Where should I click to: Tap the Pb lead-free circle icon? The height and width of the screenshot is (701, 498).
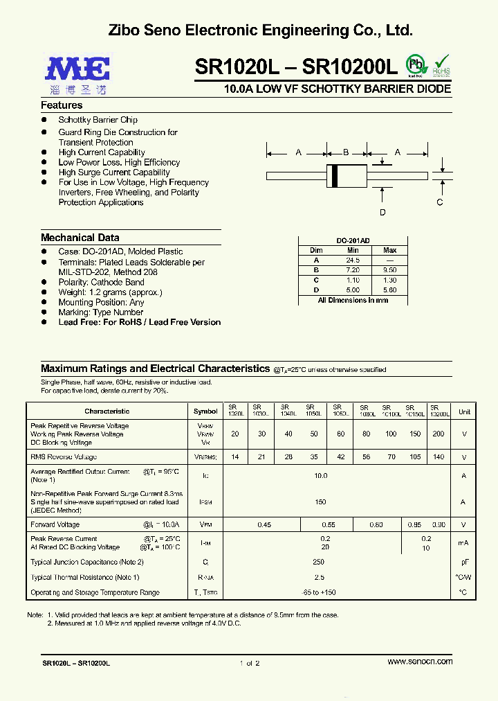pos(415,64)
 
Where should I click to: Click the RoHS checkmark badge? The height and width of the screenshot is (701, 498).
pos(441,65)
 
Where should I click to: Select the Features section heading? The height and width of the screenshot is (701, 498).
pos(62,105)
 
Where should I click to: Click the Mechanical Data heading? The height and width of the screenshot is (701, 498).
pos(80,238)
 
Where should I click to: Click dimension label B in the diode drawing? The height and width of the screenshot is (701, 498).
pos(346,152)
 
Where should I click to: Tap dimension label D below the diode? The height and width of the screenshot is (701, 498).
pos(382,213)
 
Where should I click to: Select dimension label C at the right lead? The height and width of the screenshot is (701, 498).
pos(439,202)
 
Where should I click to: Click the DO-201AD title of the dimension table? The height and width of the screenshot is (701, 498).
pos(352,240)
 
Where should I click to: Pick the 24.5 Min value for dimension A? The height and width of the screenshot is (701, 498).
pos(353,260)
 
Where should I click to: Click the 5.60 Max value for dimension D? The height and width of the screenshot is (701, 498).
pos(389,290)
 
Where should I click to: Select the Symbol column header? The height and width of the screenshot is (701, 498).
pos(205,411)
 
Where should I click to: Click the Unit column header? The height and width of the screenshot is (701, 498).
pos(464,411)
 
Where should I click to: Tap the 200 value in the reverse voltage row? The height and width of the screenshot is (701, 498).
pos(438,434)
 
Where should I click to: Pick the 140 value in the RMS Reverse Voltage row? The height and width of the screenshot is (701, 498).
pos(438,457)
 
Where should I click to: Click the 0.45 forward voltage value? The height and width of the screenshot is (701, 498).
pos(264,525)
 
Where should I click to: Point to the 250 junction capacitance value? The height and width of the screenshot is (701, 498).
pos(319,562)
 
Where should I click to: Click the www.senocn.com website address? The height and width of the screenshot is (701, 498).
pos(420,662)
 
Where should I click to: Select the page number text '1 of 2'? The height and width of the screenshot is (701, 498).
pos(249,663)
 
